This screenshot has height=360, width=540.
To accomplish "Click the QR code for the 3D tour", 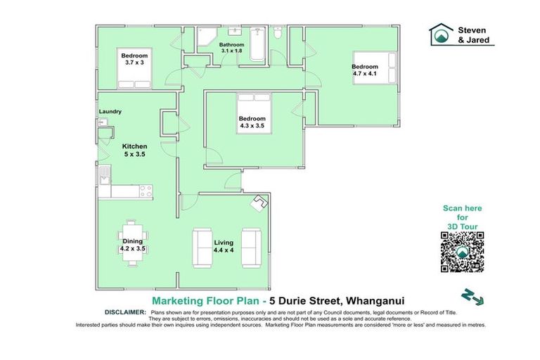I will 463,252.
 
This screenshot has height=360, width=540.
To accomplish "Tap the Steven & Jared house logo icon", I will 442,34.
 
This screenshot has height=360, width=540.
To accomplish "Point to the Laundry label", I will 110,112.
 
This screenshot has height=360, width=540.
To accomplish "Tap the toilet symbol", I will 278,33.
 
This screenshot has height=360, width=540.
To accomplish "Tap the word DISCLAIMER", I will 125,311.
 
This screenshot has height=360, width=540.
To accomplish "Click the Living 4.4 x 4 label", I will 224,247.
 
